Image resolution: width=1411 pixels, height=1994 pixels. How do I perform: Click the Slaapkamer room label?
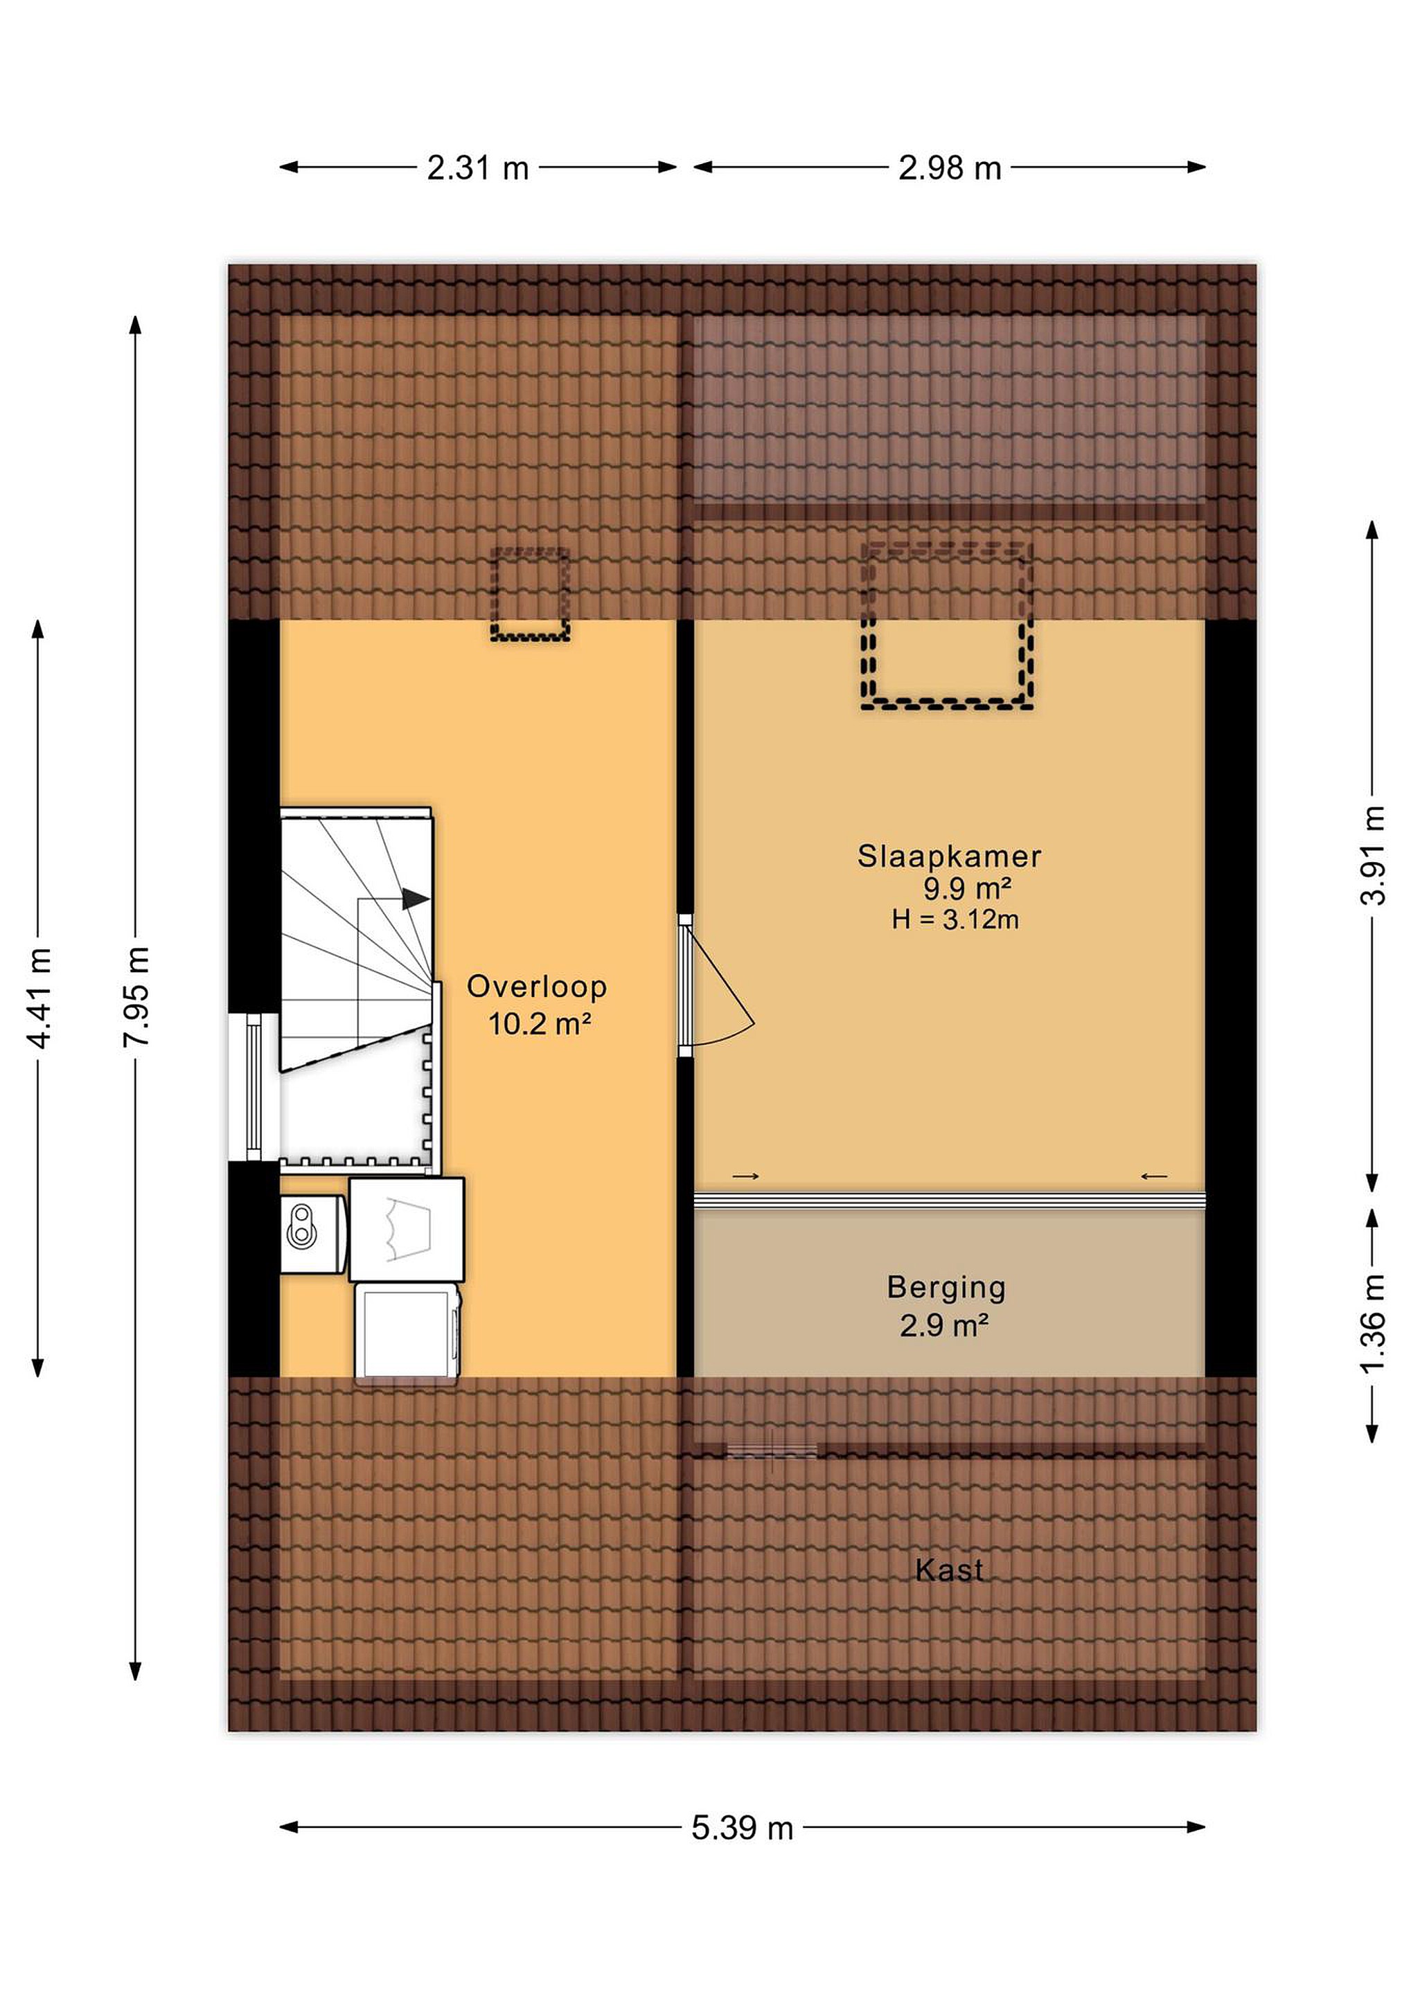(x=949, y=856)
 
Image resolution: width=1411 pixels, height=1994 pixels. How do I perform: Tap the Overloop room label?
(x=537, y=987)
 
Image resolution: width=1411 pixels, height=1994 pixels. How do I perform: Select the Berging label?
(x=946, y=1288)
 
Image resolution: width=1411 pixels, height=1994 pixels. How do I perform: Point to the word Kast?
(x=949, y=1570)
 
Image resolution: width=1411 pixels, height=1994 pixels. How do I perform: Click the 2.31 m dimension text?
(x=478, y=168)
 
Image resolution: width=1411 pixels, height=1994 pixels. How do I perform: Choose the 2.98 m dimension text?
(x=950, y=168)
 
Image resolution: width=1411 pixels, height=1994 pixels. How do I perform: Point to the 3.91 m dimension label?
(x=1372, y=856)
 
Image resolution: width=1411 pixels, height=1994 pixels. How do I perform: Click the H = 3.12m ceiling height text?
(x=955, y=919)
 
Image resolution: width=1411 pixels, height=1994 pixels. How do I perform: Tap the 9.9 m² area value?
(x=967, y=888)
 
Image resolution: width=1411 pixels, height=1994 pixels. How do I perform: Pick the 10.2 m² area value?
(x=540, y=1024)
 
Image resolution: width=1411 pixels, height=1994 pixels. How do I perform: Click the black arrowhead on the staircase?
(x=416, y=899)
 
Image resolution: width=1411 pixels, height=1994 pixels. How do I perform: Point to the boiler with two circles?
(x=314, y=1234)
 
